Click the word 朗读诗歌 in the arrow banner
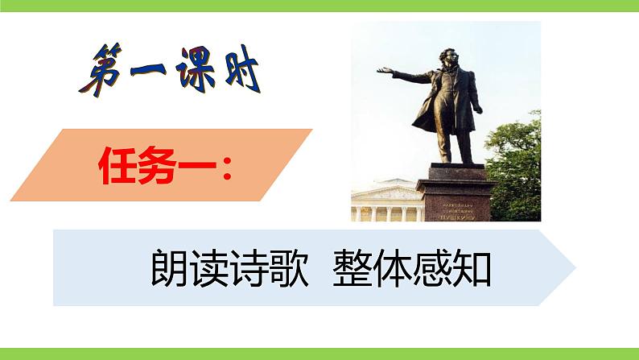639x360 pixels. [x=229, y=269]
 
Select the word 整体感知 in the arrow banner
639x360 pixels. [x=411, y=269]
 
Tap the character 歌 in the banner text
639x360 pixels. [x=289, y=269]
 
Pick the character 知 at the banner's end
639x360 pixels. [x=472, y=269]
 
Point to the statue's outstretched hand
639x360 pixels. [x=383, y=71]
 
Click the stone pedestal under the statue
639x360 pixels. [x=456, y=192]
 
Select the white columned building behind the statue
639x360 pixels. [x=385, y=201]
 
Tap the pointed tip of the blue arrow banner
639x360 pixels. [x=572, y=267]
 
